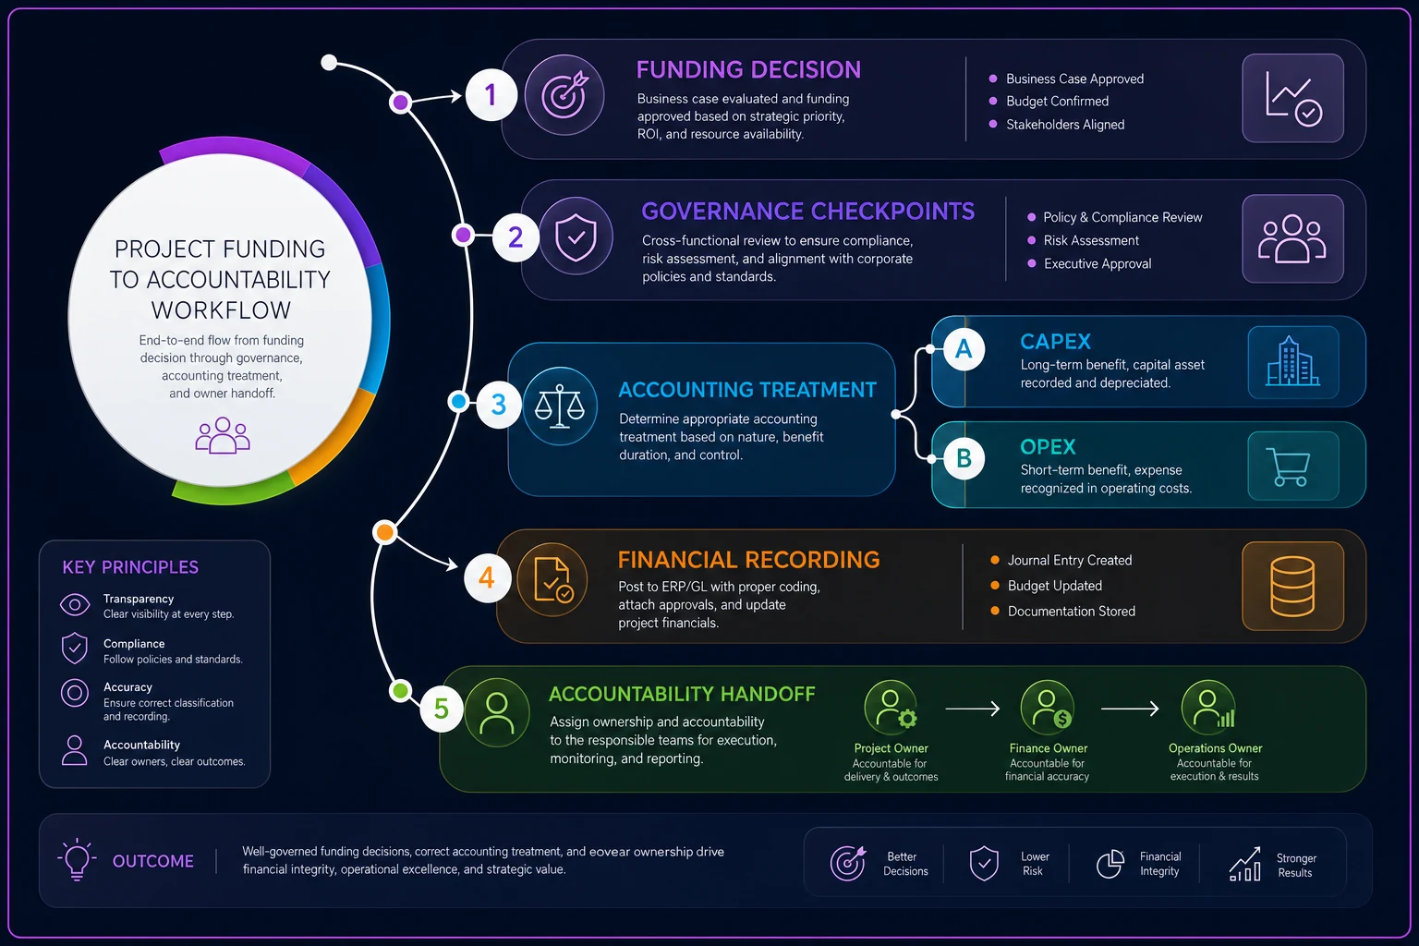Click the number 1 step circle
(x=491, y=95)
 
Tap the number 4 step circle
(x=487, y=578)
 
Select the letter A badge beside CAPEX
(x=964, y=349)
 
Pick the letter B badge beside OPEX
(x=964, y=457)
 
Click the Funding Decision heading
(x=748, y=69)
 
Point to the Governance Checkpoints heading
(x=807, y=211)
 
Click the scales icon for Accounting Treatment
(x=559, y=406)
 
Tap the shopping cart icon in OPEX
(x=1288, y=467)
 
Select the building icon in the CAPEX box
(x=1293, y=361)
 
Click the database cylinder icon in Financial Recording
(x=1292, y=586)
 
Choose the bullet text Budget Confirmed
(x=1057, y=102)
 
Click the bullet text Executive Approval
(x=1098, y=263)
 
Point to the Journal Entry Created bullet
(x=1069, y=560)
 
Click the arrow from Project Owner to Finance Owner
(x=973, y=709)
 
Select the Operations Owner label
(x=1215, y=748)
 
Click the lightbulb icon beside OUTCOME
(x=77, y=859)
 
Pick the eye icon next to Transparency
(x=75, y=604)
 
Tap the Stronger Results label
(x=1295, y=866)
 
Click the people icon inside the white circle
(x=223, y=435)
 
